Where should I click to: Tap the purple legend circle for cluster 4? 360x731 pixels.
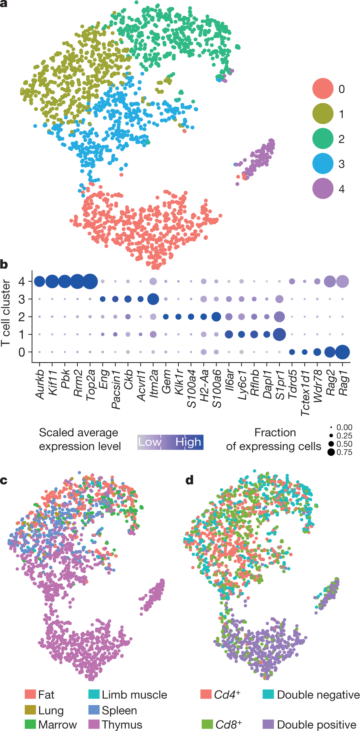[323, 189]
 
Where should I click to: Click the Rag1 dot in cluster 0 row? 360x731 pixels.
[342, 352]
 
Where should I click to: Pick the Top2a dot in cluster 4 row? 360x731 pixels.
[90, 281]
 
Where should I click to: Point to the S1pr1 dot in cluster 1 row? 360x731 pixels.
[279, 334]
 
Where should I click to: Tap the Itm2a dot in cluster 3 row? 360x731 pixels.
[153, 299]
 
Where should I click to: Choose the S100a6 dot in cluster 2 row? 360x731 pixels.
[216, 317]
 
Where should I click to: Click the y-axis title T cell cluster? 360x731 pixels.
[6, 313]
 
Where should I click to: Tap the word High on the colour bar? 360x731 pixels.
[188, 442]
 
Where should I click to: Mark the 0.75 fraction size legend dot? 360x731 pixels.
[331, 452]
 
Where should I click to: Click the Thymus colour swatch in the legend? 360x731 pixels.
[94, 724]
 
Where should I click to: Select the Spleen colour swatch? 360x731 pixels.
[94, 710]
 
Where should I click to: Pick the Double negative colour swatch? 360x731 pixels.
[268, 694]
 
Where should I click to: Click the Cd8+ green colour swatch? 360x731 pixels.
[207, 724]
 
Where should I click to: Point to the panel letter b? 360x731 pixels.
[4, 264]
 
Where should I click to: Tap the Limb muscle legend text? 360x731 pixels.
[134, 694]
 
